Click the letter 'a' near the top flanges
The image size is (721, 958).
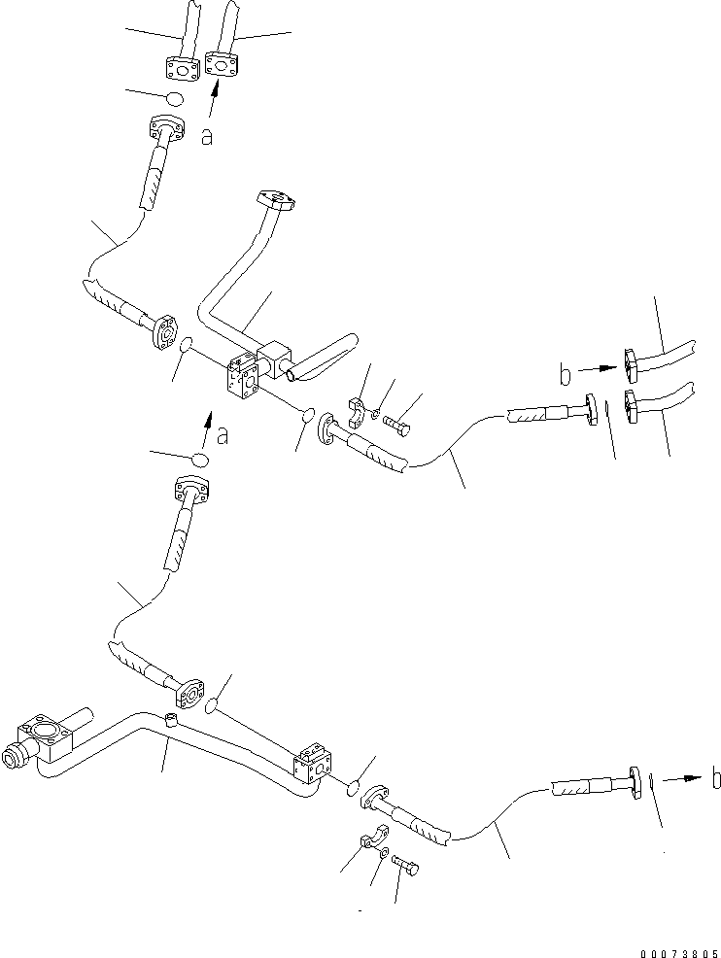[x=206, y=137]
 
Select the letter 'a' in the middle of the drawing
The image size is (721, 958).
[x=223, y=436]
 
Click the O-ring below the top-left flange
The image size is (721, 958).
[x=174, y=99]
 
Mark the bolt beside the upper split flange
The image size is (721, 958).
[x=398, y=424]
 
